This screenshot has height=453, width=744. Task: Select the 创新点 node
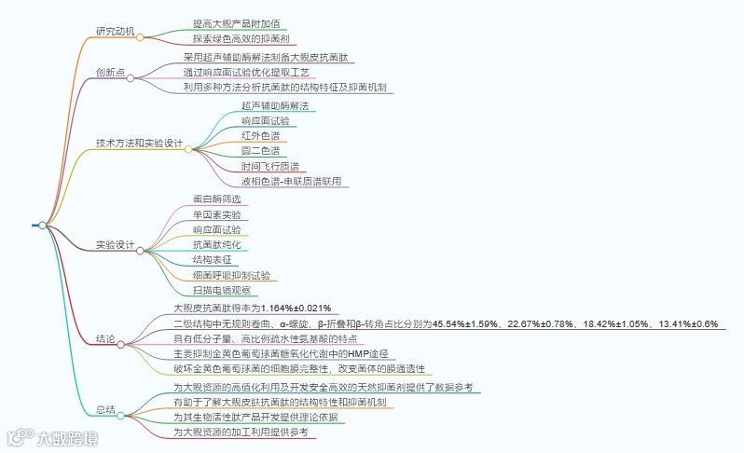(110, 72)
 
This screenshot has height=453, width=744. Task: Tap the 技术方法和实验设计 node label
(139, 144)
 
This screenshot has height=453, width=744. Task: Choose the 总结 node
(104, 409)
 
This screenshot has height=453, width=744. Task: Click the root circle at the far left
(42, 225)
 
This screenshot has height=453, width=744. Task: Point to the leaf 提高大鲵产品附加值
(235, 22)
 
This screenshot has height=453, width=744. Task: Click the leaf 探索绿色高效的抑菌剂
(241, 39)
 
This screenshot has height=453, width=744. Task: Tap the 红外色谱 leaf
(259, 136)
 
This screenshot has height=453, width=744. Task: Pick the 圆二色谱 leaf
(259, 151)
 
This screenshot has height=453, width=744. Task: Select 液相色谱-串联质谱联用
(291, 181)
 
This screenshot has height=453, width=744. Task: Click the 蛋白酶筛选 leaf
(216, 199)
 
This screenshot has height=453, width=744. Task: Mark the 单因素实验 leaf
(216, 214)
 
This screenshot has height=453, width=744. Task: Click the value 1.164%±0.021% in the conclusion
(296, 308)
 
